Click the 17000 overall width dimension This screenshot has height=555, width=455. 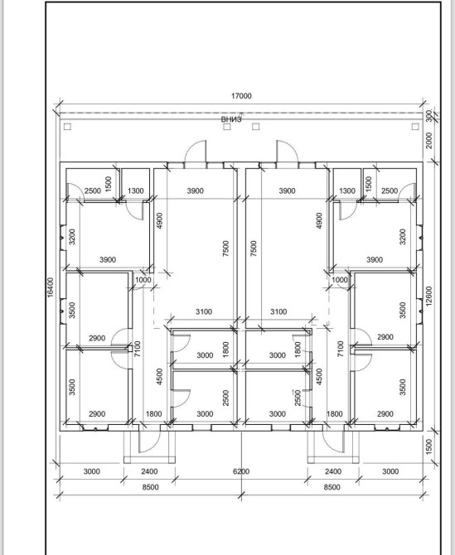coord(241,96)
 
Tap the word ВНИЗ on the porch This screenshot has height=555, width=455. coord(231,119)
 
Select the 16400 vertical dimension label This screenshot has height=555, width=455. coord(51,287)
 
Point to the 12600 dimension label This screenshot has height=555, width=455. coord(428,297)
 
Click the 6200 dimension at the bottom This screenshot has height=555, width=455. coord(241,471)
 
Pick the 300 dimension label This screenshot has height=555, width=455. coord(428,115)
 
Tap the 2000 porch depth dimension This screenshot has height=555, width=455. coord(428,141)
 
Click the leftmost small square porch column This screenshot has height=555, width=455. coord(67,127)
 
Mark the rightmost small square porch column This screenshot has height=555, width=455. coord(415,127)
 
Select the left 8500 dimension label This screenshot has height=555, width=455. coord(151,487)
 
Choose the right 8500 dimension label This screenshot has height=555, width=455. coord(332,487)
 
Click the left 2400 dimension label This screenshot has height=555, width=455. coord(149,471)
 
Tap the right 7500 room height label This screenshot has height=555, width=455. coord(254,249)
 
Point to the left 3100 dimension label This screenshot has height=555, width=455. coord(204,311)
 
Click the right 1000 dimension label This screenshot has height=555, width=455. coord(340,280)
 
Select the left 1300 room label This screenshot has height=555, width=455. coord(136,191)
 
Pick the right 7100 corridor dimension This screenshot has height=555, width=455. coord(341,349)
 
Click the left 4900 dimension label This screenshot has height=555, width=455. coord(159,220)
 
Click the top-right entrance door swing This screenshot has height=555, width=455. coord(287,152)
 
